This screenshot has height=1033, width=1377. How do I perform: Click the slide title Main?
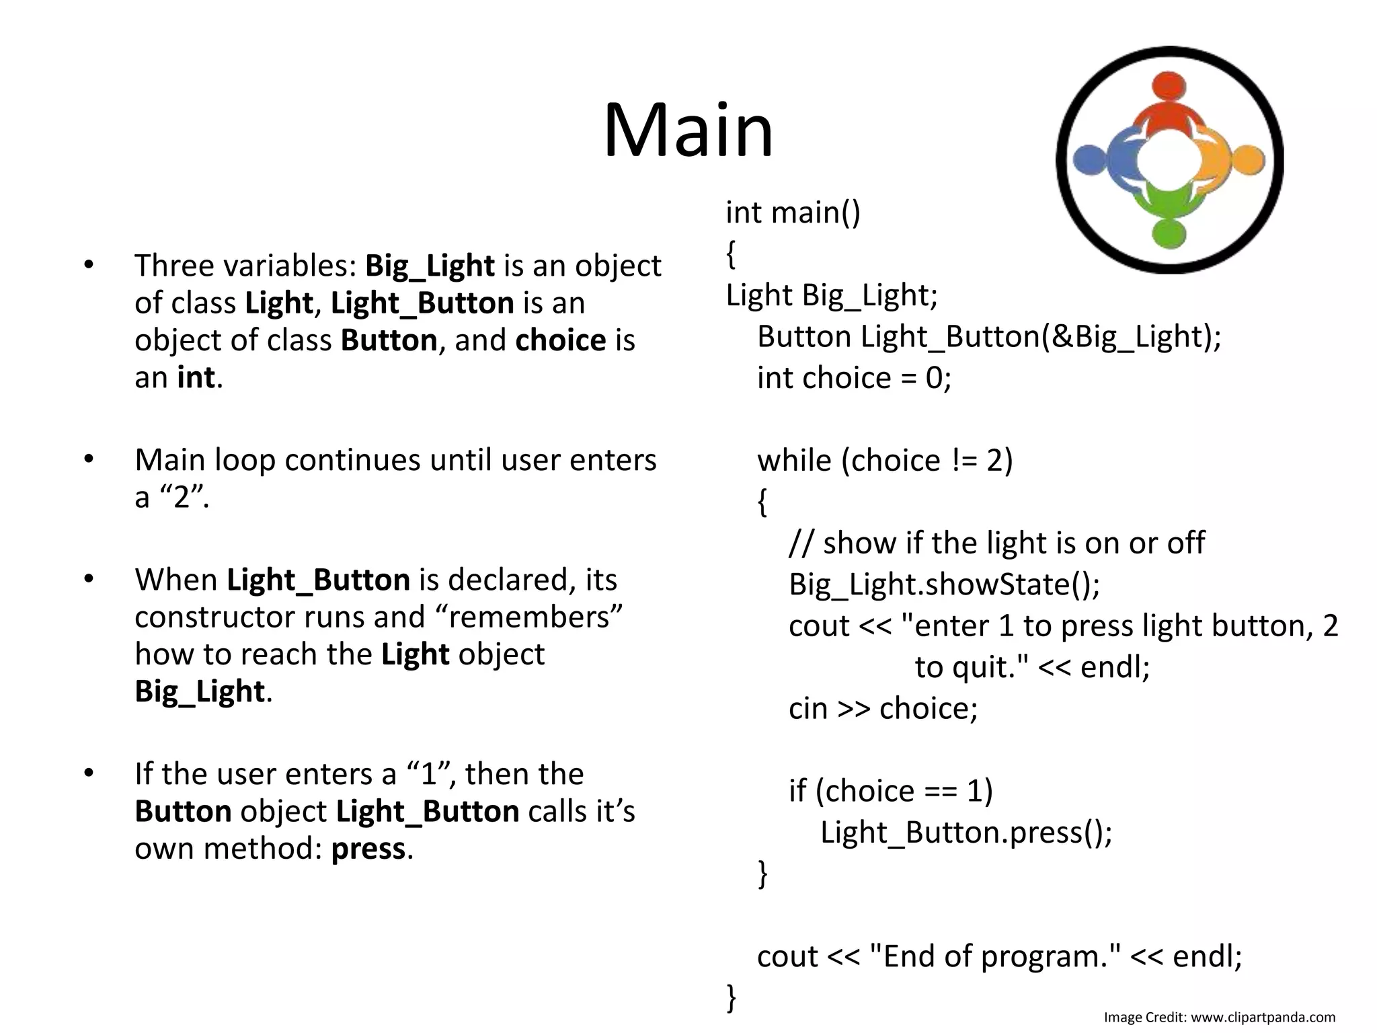click(688, 130)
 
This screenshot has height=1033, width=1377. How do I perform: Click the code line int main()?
click(793, 213)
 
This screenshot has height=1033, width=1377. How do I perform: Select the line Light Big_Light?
click(831, 295)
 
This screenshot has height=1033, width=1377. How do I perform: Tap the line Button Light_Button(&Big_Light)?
click(988, 336)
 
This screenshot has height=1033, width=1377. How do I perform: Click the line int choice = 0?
click(854, 378)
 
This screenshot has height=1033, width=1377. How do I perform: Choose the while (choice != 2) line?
click(884, 461)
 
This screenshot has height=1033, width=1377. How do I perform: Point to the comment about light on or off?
click(996, 543)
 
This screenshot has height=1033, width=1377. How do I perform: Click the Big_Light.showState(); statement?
click(944, 584)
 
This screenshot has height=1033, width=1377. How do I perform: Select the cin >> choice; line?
click(883, 708)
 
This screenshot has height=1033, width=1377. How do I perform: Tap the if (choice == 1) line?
click(890, 791)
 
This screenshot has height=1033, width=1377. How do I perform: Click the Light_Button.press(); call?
click(966, 833)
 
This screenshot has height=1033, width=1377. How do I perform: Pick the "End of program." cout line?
click(999, 956)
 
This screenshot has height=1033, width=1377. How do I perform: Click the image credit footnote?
click(1219, 1018)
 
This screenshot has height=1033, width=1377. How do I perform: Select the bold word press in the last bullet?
click(368, 849)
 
